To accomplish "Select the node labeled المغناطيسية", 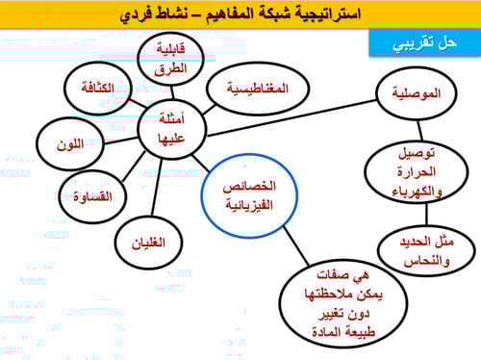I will (x=258, y=90).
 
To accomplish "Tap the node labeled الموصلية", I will (x=418, y=95).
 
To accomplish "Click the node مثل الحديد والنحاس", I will (x=415, y=252).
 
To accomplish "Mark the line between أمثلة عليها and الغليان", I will (x=158, y=188).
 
